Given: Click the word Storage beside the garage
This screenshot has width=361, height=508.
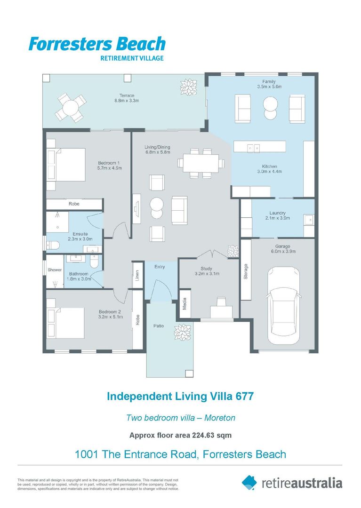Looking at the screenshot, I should (246, 272).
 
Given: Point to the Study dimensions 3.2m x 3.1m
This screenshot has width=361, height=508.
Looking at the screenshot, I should (209, 274).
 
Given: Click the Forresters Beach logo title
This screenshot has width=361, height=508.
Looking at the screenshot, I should (97, 44).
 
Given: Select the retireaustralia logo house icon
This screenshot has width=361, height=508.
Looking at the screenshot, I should (249, 482).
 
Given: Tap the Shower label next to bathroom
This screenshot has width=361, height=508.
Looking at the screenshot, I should (55, 270).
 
